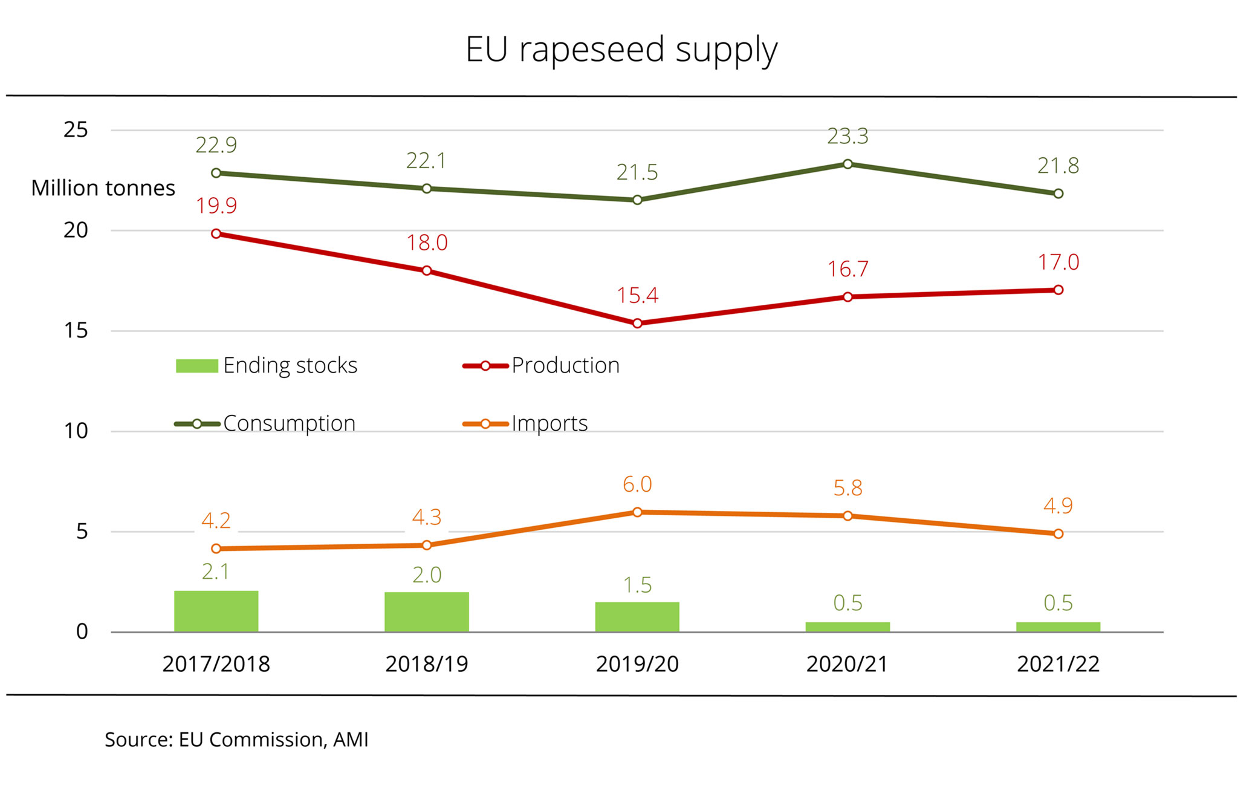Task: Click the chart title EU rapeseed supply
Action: pos(621,50)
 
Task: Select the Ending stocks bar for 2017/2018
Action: pos(216,611)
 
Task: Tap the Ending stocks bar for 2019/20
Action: pos(637,617)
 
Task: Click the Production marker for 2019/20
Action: pos(637,324)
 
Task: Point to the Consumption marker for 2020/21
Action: pos(847,164)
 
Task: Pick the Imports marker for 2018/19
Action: pos(427,545)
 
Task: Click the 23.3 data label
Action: pos(847,137)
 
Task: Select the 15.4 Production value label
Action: pos(637,296)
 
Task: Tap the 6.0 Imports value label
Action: pos(637,484)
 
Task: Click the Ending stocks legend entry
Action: pos(267,366)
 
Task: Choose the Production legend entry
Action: pos(541,366)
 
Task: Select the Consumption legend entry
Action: pos(265,423)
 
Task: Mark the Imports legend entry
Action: pos(525,423)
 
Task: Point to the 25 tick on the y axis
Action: pos(76,130)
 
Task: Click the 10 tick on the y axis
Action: pos(76,431)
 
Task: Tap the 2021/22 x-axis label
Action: pos(1058,664)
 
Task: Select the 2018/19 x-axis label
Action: pos(427,664)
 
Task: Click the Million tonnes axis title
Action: pos(103,188)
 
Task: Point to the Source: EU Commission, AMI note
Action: pos(236,740)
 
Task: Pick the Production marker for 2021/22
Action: pos(1058,290)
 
